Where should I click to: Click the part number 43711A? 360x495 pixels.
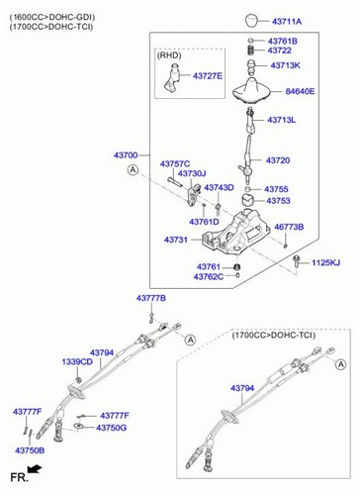click(x=287, y=22)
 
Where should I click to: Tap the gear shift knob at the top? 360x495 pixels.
click(x=252, y=20)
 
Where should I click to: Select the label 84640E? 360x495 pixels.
click(x=300, y=91)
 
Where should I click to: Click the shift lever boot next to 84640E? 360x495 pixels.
click(x=251, y=89)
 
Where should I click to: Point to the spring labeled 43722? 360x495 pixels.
click(x=250, y=50)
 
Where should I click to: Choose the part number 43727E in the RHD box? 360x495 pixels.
click(x=208, y=76)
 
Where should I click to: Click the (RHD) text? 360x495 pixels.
click(x=169, y=55)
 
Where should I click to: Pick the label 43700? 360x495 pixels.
click(x=126, y=155)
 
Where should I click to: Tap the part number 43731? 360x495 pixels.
click(x=176, y=240)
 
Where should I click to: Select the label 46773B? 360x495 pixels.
click(x=289, y=227)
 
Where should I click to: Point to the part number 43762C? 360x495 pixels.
click(x=209, y=277)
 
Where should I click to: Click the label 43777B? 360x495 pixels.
click(x=151, y=298)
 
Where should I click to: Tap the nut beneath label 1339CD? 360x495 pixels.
click(x=78, y=379)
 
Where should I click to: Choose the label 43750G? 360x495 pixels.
click(x=111, y=428)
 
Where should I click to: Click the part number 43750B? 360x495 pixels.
click(x=30, y=450)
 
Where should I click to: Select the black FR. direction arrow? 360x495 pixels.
click(x=35, y=469)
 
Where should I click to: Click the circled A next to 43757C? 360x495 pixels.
click(x=133, y=170)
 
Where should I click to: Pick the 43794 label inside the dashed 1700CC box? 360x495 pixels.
click(x=242, y=388)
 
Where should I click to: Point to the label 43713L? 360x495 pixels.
click(x=282, y=120)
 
